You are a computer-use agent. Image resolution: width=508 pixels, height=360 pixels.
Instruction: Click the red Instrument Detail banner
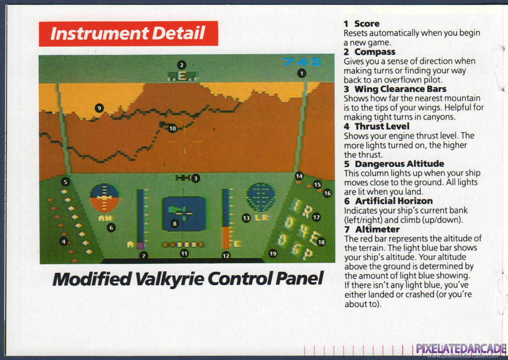[x=128, y=34]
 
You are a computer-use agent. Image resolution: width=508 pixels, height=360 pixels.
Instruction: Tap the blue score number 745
[x=302, y=62]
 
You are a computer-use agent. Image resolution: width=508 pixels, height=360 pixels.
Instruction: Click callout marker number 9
[x=99, y=108]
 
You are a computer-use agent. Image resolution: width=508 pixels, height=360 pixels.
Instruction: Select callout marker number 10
[x=172, y=128]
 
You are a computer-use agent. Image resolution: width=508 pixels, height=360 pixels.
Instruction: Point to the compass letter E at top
[x=182, y=76]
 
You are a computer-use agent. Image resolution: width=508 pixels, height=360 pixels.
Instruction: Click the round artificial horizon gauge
[x=104, y=198]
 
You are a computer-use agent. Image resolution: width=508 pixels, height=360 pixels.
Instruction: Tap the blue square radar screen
[x=184, y=214]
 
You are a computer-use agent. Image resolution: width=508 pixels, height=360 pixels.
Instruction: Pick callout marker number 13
[x=246, y=218]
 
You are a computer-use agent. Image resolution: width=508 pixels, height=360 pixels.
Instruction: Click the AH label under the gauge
[x=105, y=218]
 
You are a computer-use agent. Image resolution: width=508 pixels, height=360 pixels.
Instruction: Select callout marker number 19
[x=273, y=253]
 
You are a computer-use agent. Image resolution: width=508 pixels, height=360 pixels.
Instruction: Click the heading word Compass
[x=375, y=52]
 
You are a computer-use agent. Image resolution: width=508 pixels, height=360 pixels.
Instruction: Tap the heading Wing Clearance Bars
[x=400, y=89]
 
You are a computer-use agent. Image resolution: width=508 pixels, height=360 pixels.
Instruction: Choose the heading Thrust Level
[x=382, y=126]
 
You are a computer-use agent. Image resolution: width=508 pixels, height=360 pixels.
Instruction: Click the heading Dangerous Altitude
[x=399, y=164]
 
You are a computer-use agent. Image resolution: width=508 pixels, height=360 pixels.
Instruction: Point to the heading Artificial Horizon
[x=393, y=201]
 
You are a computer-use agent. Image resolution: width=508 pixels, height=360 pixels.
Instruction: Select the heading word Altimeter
[x=377, y=229]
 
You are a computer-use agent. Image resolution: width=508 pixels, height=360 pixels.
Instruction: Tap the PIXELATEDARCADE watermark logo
[x=461, y=349]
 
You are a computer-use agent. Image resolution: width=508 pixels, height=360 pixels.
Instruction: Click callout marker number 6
[x=111, y=228]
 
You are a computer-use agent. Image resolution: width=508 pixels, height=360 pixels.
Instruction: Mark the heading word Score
[x=367, y=24]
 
